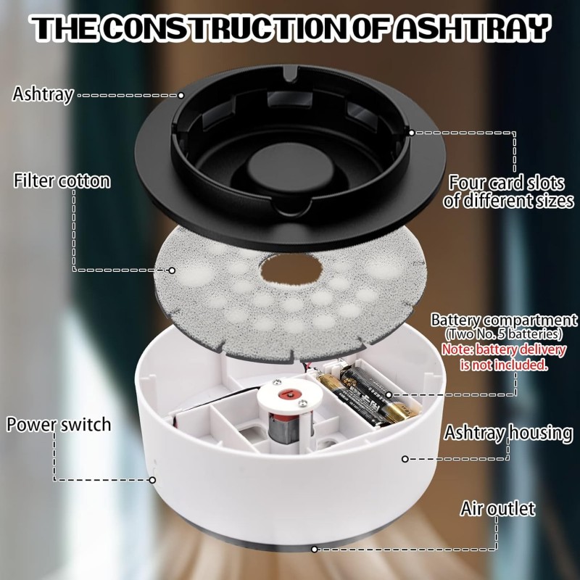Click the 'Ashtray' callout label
pyautogui.click(x=43, y=94)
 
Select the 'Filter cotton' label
pyautogui.click(x=62, y=181)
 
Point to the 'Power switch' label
pyautogui.click(x=59, y=424)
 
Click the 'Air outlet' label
pyautogui.click(x=498, y=508)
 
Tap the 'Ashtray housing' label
pyautogui.click(x=508, y=434)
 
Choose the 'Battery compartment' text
pyautogui.click(x=504, y=320)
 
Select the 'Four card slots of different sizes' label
pyautogui.click(x=508, y=191)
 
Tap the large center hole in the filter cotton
pyautogui.click(x=289, y=270)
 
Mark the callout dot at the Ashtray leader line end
pyautogui.click(x=181, y=95)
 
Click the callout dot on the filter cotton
pyautogui.click(x=172, y=270)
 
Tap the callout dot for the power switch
pyautogui.click(x=152, y=479)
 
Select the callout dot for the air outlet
pyautogui.click(x=314, y=549)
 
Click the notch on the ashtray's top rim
pyautogui.click(x=289, y=75)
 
